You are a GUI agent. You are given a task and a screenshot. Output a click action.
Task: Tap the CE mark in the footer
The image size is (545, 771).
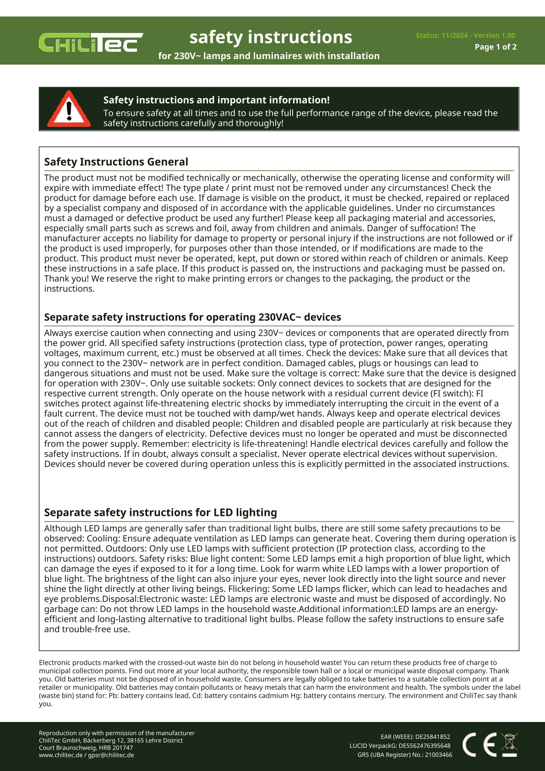(479, 744)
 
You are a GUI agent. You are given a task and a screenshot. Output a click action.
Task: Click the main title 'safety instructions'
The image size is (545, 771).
(271, 37)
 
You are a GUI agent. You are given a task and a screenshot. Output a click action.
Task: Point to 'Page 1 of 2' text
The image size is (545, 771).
(496, 47)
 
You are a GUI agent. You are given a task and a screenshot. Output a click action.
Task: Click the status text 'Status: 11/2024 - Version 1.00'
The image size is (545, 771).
(465, 35)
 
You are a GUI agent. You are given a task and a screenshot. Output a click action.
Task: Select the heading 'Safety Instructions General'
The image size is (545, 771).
(116, 162)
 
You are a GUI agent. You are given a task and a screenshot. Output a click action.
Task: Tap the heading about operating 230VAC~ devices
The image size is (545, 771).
(192, 317)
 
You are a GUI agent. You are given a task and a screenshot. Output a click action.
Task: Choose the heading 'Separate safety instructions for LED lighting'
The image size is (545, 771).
(160, 512)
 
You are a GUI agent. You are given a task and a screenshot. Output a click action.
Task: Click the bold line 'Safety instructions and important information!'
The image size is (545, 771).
(216, 100)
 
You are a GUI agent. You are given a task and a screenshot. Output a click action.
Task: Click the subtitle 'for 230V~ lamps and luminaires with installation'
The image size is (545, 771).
(269, 56)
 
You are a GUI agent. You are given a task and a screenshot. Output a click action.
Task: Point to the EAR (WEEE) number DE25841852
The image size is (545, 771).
(432, 737)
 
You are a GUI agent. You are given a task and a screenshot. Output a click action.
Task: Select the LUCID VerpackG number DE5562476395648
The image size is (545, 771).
(424, 745)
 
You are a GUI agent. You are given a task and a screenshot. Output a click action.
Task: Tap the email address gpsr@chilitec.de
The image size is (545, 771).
(111, 755)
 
